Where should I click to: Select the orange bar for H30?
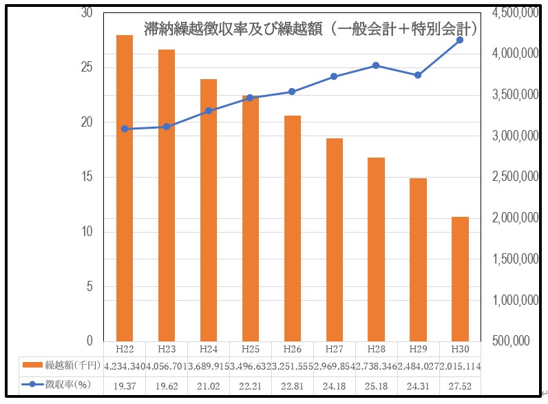[x=460, y=279]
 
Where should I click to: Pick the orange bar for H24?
[x=209, y=210]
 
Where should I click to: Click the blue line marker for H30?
[x=460, y=40]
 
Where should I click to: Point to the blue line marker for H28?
[x=376, y=65]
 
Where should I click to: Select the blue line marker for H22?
[x=125, y=129]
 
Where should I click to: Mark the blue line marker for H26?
[x=292, y=92]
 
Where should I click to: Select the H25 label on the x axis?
[x=251, y=349]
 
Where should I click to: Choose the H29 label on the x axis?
[x=418, y=349]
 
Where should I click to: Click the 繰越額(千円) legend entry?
[x=62, y=365]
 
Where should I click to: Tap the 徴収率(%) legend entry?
[x=62, y=385]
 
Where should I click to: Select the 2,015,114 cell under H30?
[x=460, y=366]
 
